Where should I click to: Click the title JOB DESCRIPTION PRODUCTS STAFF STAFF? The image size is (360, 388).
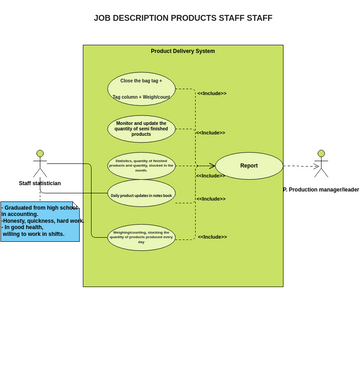click(x=183, y=18)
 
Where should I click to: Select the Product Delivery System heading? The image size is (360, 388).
click(x=183, y=51)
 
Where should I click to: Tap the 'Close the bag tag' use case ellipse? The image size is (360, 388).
click(x=141, y=89)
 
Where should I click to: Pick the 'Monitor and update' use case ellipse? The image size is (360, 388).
click(x=141, y=128)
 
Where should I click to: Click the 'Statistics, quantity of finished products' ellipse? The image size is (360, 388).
click(x=141, y=166)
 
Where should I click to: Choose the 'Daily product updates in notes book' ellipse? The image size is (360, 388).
click(x=141, y=195)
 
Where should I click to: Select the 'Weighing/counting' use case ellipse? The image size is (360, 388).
click(x=141, y=237)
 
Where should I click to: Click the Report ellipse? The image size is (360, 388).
click(x=249, y=166)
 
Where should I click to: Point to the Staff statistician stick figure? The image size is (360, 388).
click(x=40, y=164)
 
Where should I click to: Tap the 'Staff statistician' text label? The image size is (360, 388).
click(x=40, y=184)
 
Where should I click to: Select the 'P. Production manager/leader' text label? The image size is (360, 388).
click(x=321, y=189)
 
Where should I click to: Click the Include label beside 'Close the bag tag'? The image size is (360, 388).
click(x=212, y=93)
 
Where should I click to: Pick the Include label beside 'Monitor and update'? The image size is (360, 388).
click(x=210, y=132)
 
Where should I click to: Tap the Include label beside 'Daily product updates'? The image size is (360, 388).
click(x=211, y=199)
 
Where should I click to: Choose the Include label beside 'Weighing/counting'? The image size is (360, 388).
click(x=212, y=237)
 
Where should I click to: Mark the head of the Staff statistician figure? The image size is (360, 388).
click(x=40, y=154)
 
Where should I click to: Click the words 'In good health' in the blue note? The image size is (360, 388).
click(x=24, y=227)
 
